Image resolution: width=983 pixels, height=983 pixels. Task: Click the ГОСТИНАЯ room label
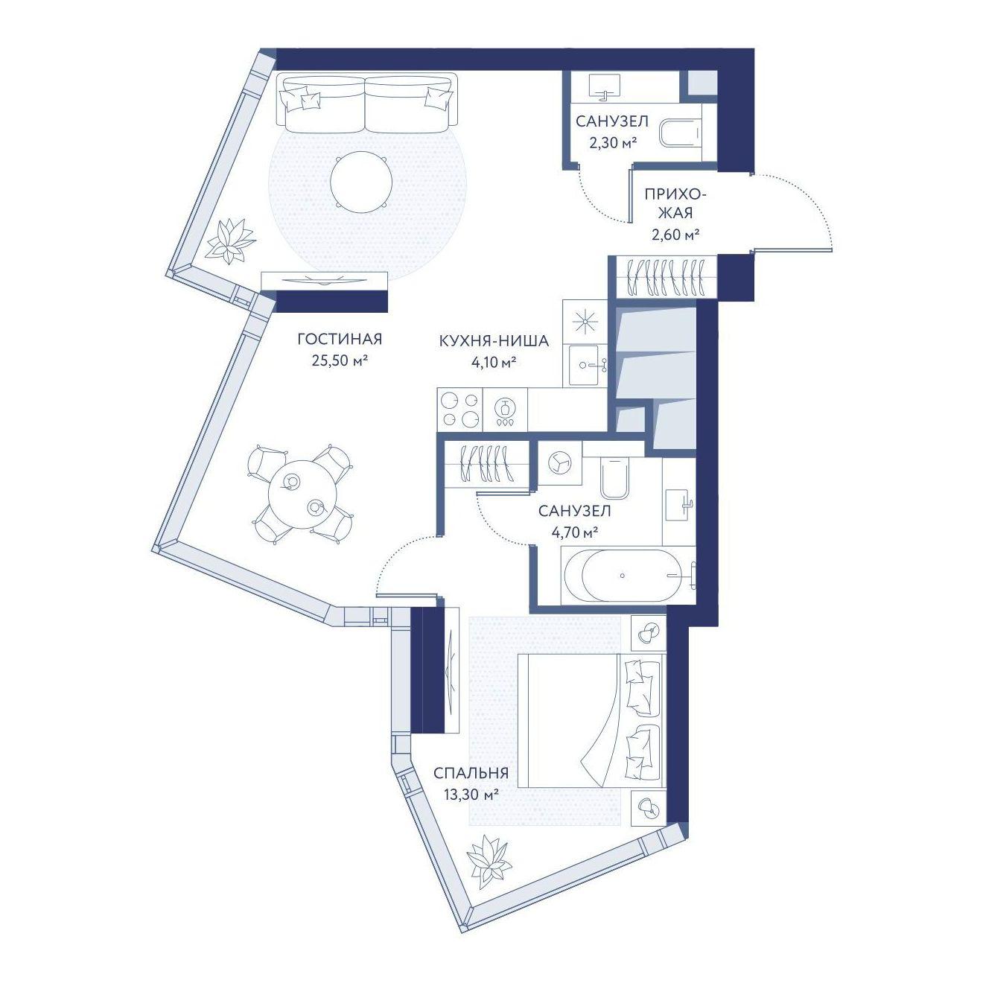pyautogui.click(x=340, y=339)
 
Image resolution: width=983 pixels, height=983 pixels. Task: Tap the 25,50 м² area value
pyautogui.click(x=340, y=360)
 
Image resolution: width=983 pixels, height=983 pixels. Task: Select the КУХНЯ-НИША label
pyautogui.click(x=494, y=341)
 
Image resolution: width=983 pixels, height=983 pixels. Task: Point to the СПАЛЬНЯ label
pyautogui.click(x=471, y=773)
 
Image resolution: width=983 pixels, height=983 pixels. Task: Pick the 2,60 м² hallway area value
pyautogui.click(x=675, y=234)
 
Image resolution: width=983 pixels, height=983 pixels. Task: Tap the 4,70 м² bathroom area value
pyautogui.click(x=574, y=532)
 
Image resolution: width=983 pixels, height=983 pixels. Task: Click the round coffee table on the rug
pyautogui.click(x=362, y=182)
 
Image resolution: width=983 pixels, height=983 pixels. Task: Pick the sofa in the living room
pyautogui.click(x=366, y=103)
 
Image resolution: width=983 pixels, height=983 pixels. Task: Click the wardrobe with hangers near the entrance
pyautogui.click(x=663, y=278)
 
